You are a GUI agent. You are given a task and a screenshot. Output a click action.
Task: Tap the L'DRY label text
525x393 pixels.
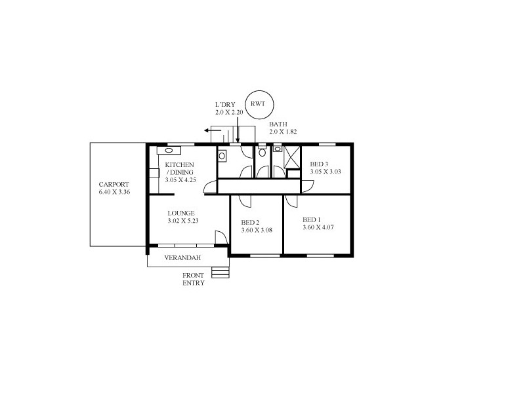[226, 105]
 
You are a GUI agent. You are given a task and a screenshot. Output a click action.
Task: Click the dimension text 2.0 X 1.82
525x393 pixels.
[283, 132]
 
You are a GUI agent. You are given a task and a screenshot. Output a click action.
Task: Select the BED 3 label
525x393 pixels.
[319, 164]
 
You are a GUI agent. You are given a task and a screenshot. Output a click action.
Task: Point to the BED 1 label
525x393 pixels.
[311, 219]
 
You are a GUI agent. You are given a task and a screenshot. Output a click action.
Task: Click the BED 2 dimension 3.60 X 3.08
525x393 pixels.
[255, 231]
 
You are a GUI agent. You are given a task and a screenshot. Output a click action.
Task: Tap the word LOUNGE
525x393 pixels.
[180, 213]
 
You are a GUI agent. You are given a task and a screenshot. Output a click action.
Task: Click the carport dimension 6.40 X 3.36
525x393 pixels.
[114, 193]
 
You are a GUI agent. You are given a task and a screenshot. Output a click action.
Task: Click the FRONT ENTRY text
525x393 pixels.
[194, 280]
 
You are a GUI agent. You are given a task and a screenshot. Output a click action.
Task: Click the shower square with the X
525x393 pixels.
[291, 157]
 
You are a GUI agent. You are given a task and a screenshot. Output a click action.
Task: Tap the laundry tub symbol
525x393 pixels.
[223, 156]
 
